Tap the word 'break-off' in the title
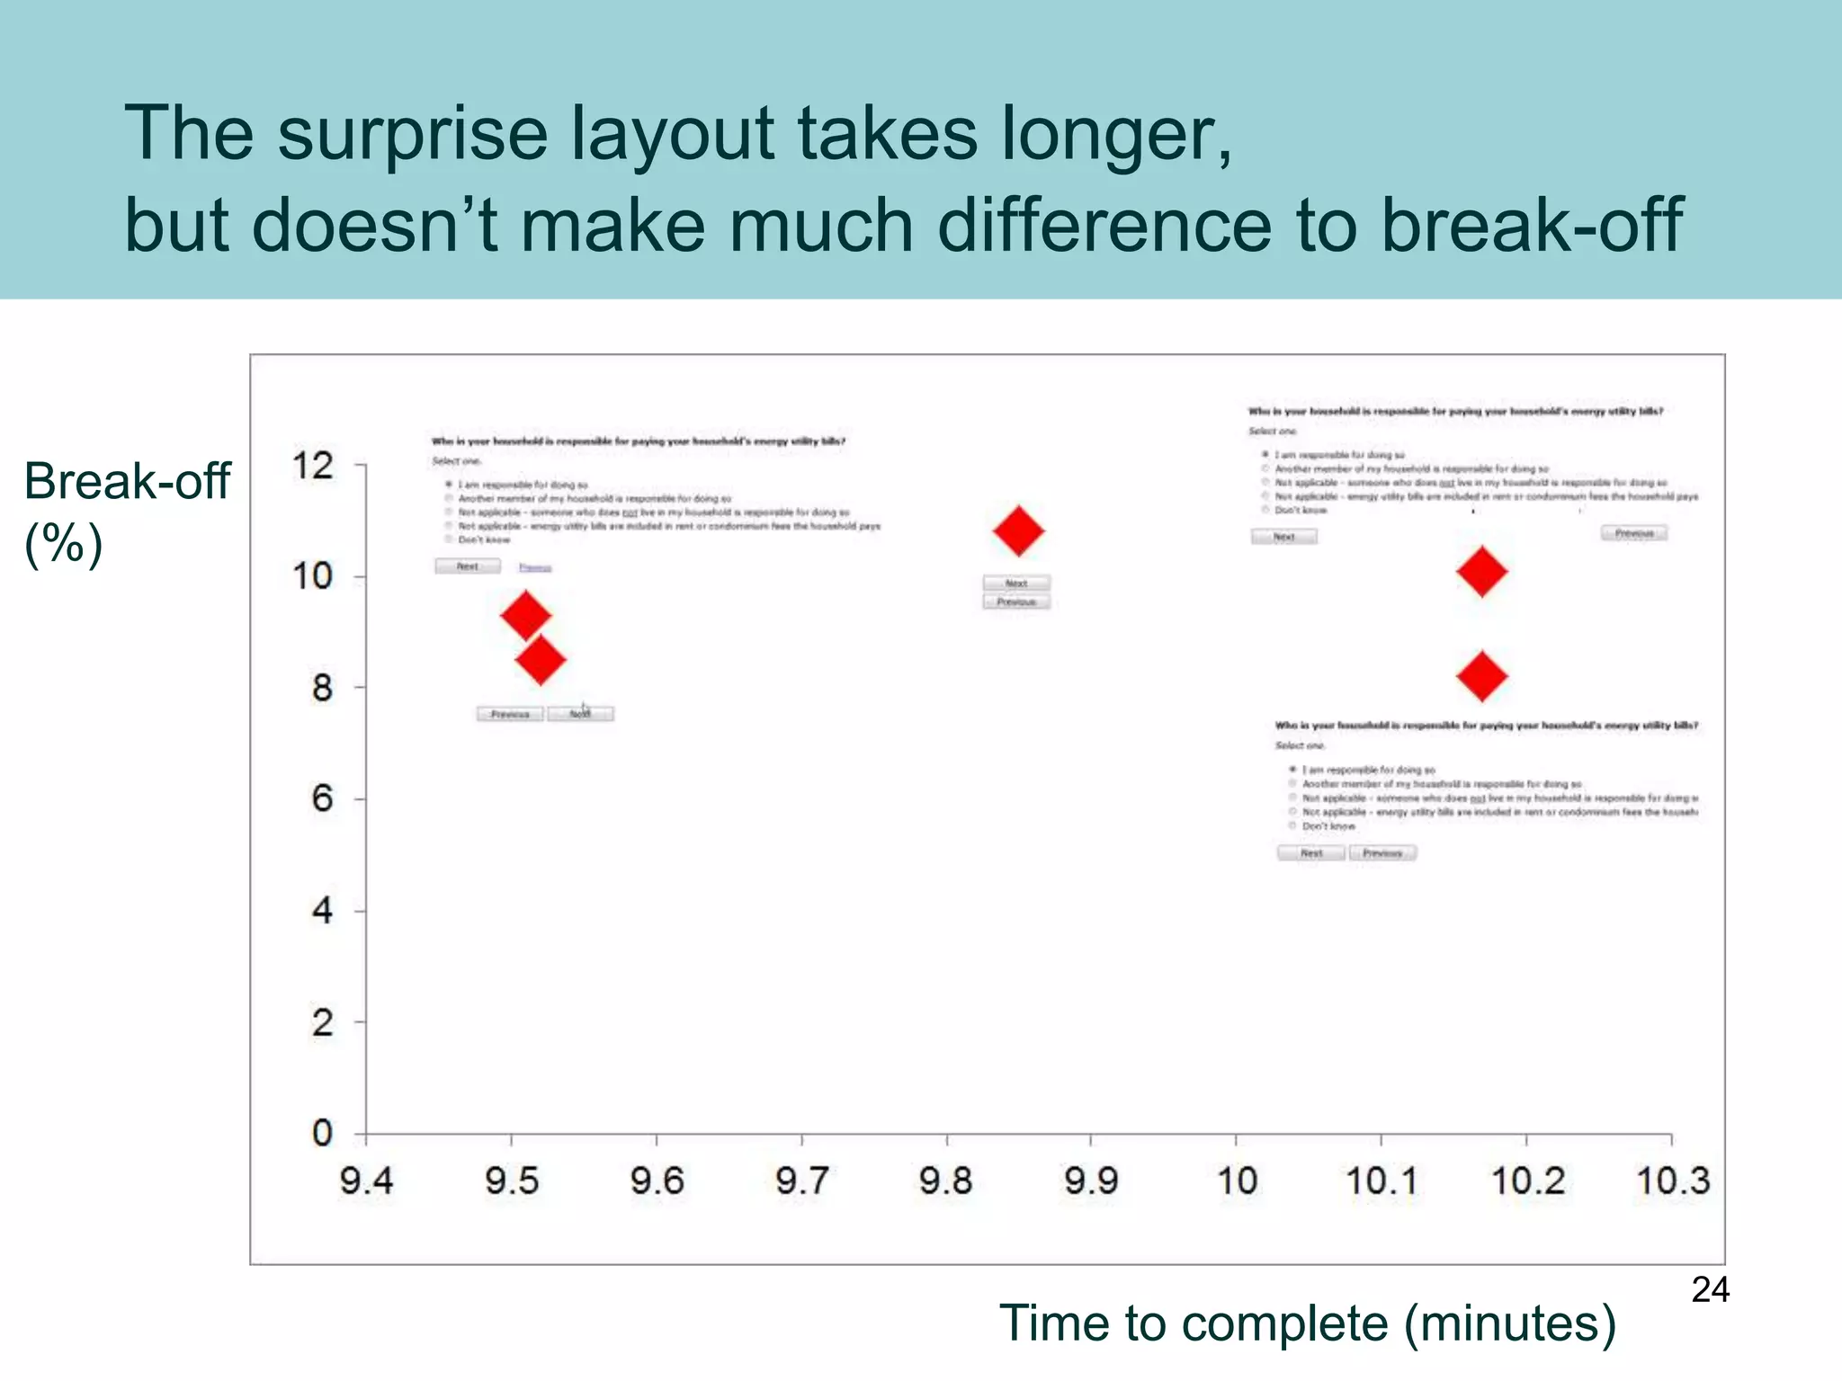tap(1531, 225)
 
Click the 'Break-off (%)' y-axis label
tap(126, 511)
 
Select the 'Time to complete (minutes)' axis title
tap(1307, 1323)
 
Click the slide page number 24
tap(1710, 1290)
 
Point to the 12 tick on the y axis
tap(313, 466)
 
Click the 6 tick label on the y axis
tap(322, 798)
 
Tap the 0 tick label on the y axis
tap(322, 1133)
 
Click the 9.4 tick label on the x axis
tap(366, 1181)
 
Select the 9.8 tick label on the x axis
tap(945, 1181)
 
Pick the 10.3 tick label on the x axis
tap(1672, 1181)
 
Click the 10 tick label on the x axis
tap(1237, 1181)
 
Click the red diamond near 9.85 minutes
tap(1018, 530)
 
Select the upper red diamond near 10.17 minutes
tap(1481, 571)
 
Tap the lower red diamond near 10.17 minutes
tap(1481, 676)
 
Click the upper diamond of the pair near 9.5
tap(525, 616)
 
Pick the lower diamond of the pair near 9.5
tap(540, 660)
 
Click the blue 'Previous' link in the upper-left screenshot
tap(535, 567)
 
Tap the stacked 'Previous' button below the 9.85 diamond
tap(1016, 601)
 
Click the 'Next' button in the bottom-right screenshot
tap(1311, 852)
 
